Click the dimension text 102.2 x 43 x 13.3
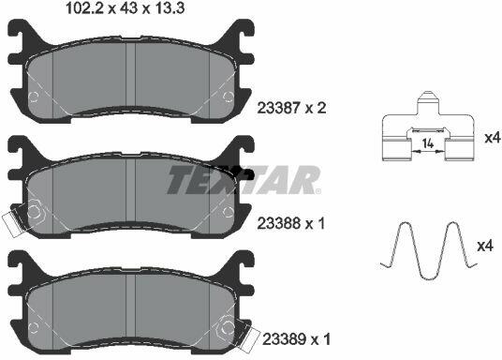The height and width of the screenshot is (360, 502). point(125,8)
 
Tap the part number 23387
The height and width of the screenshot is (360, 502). point(279,108)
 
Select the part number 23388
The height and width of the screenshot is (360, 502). point(279,223)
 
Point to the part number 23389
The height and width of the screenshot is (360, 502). point(284,339)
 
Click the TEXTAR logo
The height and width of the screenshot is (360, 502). point(244,180)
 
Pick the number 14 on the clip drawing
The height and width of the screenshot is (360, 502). point(428,143)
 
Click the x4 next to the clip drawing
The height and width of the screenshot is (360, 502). point(493,138)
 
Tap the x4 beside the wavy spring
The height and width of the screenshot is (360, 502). point(485,247)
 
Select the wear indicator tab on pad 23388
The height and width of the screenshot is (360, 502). point(12,223)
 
